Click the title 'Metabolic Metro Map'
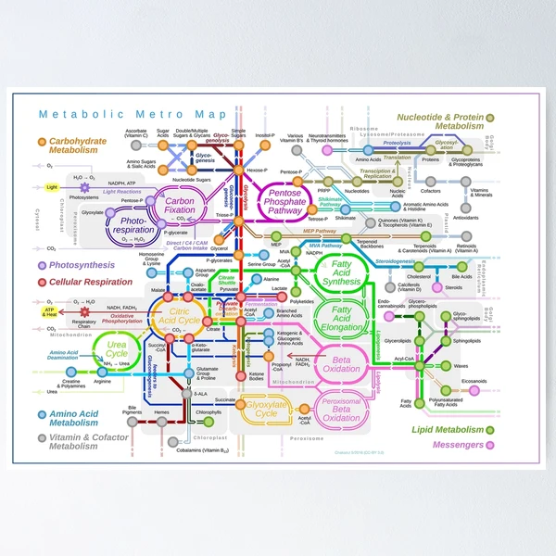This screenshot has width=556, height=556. tap(133, 115)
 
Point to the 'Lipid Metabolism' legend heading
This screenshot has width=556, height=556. tap(449, 429)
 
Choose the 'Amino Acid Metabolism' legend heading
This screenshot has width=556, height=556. tap(76, 418)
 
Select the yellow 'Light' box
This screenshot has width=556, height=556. tap(52, 187)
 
